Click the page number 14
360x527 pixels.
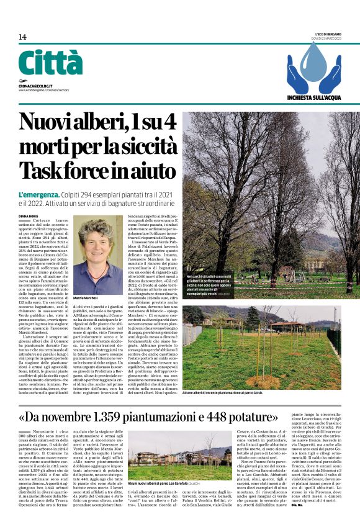coord(22,37)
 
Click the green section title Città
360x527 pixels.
coord(50,63)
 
